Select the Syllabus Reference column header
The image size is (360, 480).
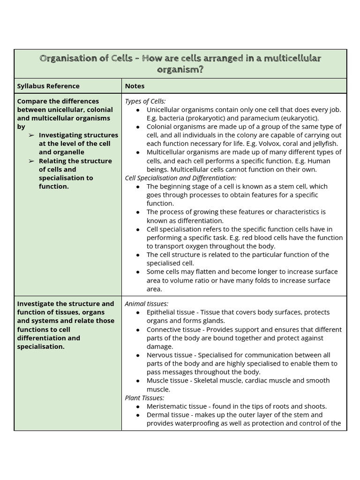48,86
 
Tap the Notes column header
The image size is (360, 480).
135,86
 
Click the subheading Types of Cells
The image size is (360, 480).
145,101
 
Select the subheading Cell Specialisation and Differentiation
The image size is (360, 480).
180,178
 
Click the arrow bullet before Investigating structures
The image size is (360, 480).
31,135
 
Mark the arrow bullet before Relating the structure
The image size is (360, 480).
31,161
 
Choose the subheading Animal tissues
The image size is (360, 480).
146,304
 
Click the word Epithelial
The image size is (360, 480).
162,312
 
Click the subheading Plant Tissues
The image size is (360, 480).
144,397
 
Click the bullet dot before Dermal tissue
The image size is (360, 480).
137,415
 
